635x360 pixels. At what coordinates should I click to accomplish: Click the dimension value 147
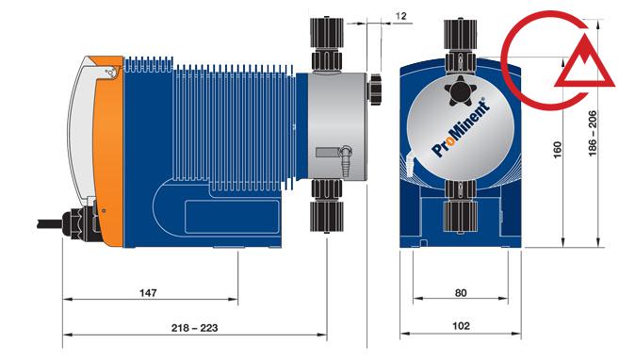(x=148, y=292)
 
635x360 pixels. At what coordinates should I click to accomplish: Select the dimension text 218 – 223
(x=194, y=328)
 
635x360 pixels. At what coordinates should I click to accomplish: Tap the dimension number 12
(x=400, y=16)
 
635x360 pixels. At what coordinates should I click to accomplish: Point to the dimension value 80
(x=461, y=292)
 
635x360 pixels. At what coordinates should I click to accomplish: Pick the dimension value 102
(x=461, y=326)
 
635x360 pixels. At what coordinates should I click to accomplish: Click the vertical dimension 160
(x=557, y=150)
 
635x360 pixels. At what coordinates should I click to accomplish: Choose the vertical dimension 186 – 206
(x=592, y=133)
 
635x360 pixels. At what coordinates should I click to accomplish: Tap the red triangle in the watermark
(x=585, y=62)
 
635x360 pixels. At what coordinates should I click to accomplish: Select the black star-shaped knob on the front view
(x=461, y=90)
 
